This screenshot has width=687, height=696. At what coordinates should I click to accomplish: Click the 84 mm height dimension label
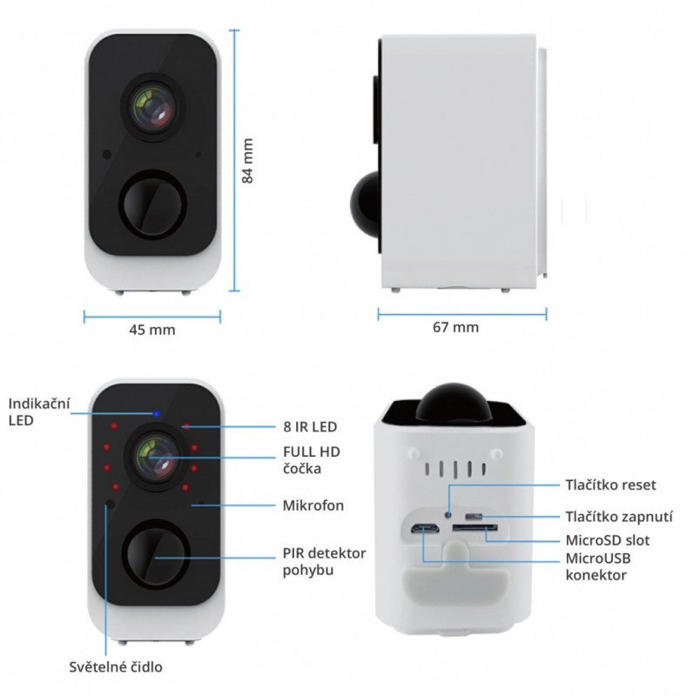[x=247, y=161]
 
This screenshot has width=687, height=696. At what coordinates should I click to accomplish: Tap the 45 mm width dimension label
[x=152, y=330]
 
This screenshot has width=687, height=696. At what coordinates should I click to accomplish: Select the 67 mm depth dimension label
[x=456, y=327]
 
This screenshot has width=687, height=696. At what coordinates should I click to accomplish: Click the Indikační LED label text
[x=39, y=412]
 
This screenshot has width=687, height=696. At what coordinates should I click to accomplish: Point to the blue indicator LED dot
[x=156, y=414]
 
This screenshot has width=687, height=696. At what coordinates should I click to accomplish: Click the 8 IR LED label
[x=310, y=426]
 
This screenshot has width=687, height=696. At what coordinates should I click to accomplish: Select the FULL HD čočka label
[x=312, y=460]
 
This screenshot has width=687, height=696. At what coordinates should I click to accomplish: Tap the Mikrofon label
[x=313, y=505]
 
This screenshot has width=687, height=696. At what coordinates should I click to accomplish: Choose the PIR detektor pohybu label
[x=325, y=561]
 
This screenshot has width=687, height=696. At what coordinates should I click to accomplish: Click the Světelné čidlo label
[x=116, y=666]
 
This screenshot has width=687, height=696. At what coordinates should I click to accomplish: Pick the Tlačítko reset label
[x=610, y=485]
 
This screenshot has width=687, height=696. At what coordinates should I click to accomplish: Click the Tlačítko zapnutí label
[x=619, y=517]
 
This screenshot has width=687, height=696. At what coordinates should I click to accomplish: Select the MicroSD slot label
[x=608, y=540]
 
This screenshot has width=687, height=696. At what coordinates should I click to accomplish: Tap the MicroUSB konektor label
[x=598, y=566]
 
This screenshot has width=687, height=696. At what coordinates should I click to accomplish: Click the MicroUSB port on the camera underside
[x=425, y=529]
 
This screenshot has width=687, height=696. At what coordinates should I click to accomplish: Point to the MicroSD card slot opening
[x=475, y=528]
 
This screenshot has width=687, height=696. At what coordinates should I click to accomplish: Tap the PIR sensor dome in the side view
[x=366, y=205]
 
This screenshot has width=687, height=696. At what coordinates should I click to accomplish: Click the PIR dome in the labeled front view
[x=157, y=553]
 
